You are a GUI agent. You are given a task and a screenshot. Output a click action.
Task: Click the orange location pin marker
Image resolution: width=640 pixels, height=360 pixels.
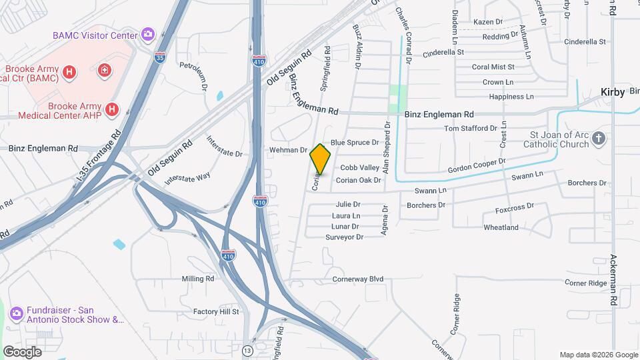point(320,159)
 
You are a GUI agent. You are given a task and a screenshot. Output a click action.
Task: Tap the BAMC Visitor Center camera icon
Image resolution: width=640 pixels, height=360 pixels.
point(148,35)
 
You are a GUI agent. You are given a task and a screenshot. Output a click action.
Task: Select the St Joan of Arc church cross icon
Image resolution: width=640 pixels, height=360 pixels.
point(599,139)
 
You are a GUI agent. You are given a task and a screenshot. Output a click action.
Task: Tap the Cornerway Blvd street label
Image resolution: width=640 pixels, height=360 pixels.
point(358,279)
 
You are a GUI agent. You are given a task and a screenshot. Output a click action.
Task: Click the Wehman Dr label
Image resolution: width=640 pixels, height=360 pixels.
point(288,150)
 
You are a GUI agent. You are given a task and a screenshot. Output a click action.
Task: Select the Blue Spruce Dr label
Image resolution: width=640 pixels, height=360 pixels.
point(355,142)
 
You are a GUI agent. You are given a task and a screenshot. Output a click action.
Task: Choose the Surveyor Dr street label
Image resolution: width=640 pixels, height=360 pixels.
point(344,237)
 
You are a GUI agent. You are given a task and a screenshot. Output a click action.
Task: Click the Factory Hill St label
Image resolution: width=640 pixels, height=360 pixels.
point(216,311)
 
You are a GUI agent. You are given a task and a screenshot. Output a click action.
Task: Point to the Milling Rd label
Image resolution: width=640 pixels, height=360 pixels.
point(198,279)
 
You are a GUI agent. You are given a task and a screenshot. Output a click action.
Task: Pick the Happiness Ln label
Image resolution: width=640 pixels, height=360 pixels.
point(511,97)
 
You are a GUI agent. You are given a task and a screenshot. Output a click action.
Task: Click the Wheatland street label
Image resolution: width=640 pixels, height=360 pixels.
point(501,227)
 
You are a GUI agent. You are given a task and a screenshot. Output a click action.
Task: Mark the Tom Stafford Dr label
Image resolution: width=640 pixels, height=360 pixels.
point(471,128)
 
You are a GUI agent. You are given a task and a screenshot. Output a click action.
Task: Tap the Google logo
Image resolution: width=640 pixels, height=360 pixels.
point(22,351)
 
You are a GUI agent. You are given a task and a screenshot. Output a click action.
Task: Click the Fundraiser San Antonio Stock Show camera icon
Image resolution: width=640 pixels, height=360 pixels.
point(17,311)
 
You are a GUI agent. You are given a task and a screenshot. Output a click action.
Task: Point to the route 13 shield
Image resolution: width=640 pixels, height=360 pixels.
point(247,350)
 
